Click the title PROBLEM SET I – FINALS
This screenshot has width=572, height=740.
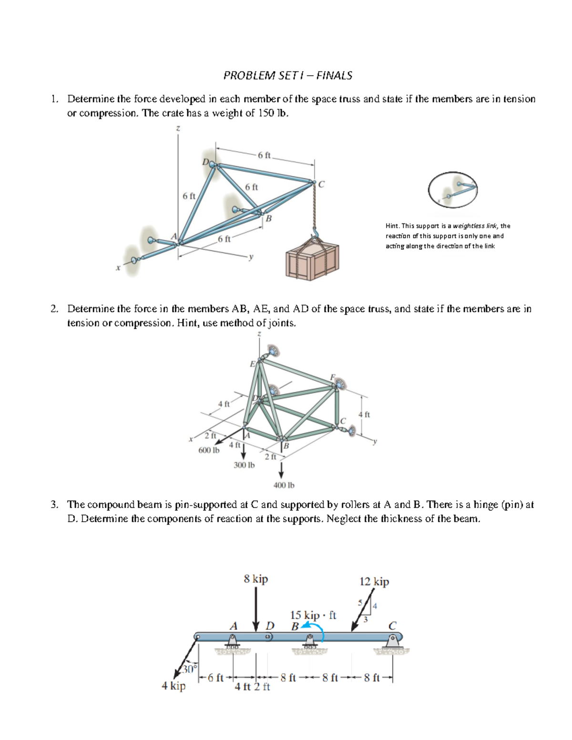click(288, 75)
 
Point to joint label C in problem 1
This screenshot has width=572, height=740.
click(321, 184)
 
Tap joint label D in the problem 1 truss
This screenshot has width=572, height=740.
click(205, 162)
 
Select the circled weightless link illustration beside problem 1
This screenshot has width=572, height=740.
click(453, 189)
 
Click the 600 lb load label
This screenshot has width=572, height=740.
click(209, 450)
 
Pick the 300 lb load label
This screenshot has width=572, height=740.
click(244, 465)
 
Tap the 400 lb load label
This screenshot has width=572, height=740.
click(284, 485)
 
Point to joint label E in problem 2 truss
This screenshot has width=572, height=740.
click(253, 364)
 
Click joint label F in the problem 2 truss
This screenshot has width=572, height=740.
click(333, 377)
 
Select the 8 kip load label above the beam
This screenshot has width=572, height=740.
click(256, 578)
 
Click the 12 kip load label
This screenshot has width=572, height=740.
click(374, 581)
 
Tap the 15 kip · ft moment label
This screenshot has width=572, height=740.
click(313, 615)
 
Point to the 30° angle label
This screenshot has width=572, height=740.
click(189, 669)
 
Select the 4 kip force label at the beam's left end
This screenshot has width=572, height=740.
click(174, 686)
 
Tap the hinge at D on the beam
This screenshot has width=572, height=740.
click(269, 637)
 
